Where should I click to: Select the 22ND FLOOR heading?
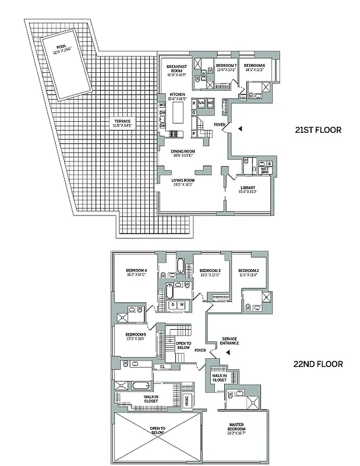[x=318, y=364]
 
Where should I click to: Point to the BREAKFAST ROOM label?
[x=177, y=68]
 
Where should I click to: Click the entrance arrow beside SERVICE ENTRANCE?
[x=229, y=352]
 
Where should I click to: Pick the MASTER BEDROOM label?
[x=237, y=428]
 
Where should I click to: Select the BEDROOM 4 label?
[x=135, y=271]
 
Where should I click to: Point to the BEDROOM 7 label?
[x=226, y=65]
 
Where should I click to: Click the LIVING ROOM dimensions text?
[x=182, y=185]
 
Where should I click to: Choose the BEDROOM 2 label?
[x=248, y=271]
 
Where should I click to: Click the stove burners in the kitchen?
[x=174, y=135]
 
